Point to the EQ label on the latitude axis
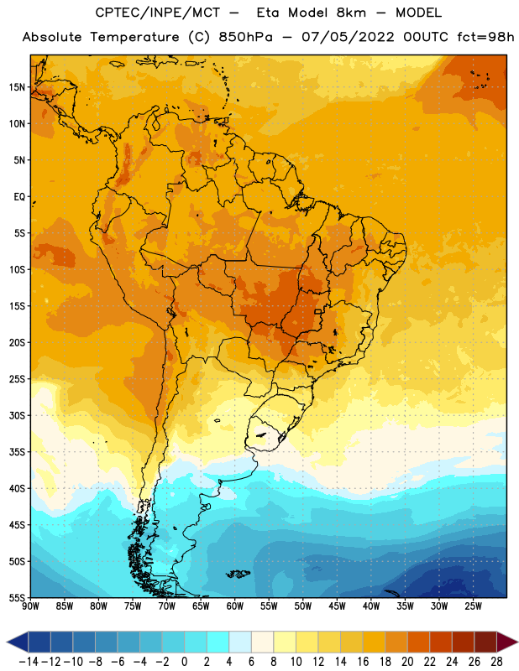[19, 197]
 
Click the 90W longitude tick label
[30, 606]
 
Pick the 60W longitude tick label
[235, 606]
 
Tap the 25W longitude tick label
[473, 606]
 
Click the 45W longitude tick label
[337, 606]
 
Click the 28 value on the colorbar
[496, 662]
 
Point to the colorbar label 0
[184, 662]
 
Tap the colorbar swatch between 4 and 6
[240, 642]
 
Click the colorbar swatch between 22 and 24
[441, 642]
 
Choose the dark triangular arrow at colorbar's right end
[507, 642]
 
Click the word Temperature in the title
[134, 37]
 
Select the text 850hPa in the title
[245, 37]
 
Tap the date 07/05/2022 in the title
[348, 37]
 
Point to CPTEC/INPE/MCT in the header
[158, 13]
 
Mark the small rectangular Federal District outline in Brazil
[318, 311]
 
